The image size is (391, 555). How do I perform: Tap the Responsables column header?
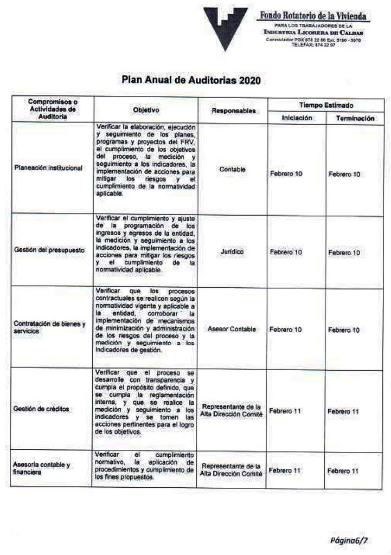(233, 110)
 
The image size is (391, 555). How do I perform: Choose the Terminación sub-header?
(355, 117)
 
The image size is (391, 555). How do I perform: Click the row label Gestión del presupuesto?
(46, 253)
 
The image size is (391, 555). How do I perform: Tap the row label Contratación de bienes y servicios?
(50, 327)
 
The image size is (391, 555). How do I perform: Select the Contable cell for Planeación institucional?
(233, 170)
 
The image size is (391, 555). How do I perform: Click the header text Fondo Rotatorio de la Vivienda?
(314, 17)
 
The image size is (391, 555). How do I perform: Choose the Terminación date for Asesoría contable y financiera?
(343, 470)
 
